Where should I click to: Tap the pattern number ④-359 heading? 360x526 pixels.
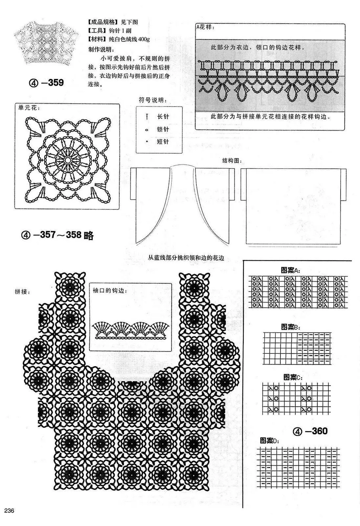coord(46,83)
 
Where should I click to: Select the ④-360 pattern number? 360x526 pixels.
coord(310,431)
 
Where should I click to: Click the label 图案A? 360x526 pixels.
coord(291,270)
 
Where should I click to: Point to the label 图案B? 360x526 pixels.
coord(291,327)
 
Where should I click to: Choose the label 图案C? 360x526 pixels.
coord(293,377)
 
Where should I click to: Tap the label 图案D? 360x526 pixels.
coord(269,440)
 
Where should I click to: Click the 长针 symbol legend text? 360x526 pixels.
coord(163,116)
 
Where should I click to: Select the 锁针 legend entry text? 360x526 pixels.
coord(163,129)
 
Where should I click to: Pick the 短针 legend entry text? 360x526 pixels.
coord(163,142)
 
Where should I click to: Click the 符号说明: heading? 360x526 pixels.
coord(153,100)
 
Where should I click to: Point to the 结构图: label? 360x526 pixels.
coord(232,161)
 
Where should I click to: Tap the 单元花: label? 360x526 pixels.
coord(29,108)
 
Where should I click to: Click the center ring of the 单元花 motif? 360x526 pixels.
coord(68,160)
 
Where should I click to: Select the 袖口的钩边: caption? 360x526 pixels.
coord(110,291)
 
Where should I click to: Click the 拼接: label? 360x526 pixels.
coord(22,292)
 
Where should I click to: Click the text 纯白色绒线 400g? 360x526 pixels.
coord(129,39)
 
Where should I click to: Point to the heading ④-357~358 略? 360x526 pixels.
coord(57,235)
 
